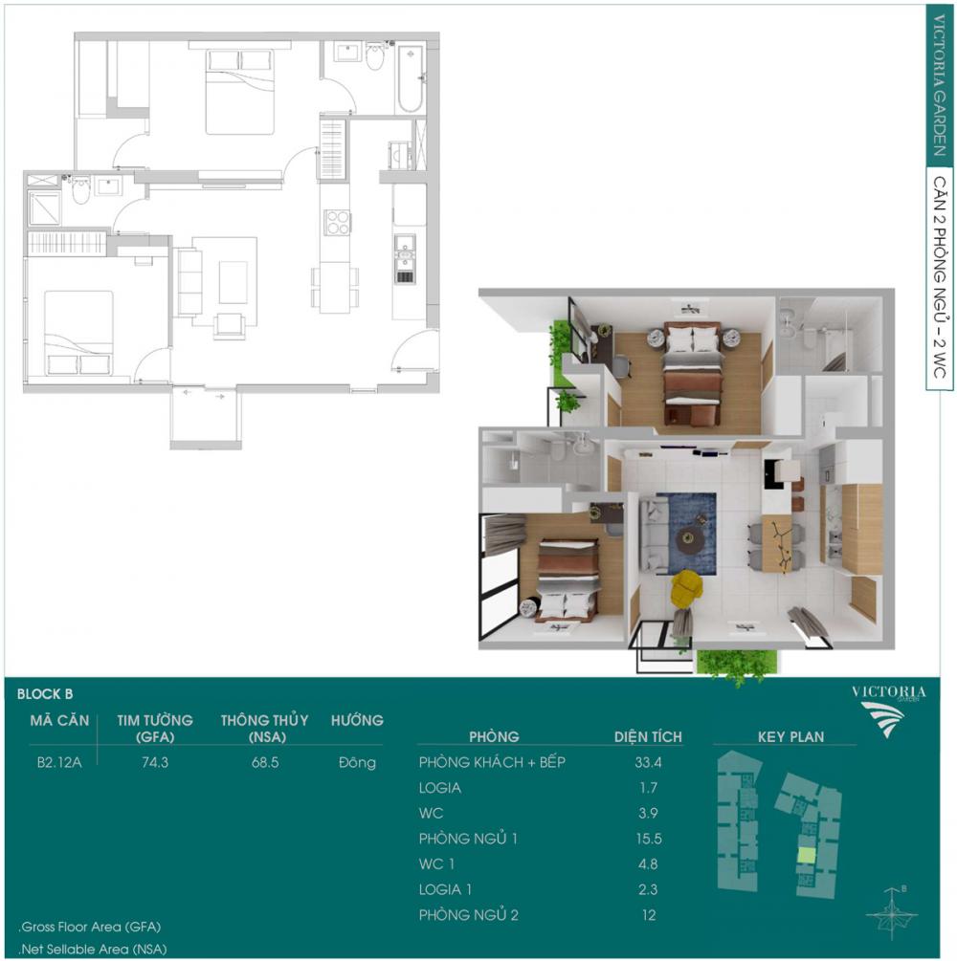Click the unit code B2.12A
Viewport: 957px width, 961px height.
point(59,762)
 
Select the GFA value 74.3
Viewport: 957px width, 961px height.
point(155,762)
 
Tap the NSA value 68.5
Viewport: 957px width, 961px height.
point(265,762)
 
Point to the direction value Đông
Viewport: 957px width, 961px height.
point(357,762)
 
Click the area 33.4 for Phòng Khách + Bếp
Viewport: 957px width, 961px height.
point(648,762)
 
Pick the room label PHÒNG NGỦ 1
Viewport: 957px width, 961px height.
point(468,839)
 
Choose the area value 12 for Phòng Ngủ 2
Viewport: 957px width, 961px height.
point(649,915)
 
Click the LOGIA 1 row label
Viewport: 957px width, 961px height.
point(445,889)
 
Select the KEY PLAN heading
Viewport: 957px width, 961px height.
point(790,736)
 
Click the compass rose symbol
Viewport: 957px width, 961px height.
point(891,913)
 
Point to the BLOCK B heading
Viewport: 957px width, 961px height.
point(45,694)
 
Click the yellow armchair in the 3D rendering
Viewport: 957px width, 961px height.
point(686,588)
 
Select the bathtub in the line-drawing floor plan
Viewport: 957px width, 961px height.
point(411,78)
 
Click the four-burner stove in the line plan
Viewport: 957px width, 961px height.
point(337,222)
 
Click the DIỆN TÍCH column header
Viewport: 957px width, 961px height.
point(648,736)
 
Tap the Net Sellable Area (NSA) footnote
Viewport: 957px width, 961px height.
point(93,950)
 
